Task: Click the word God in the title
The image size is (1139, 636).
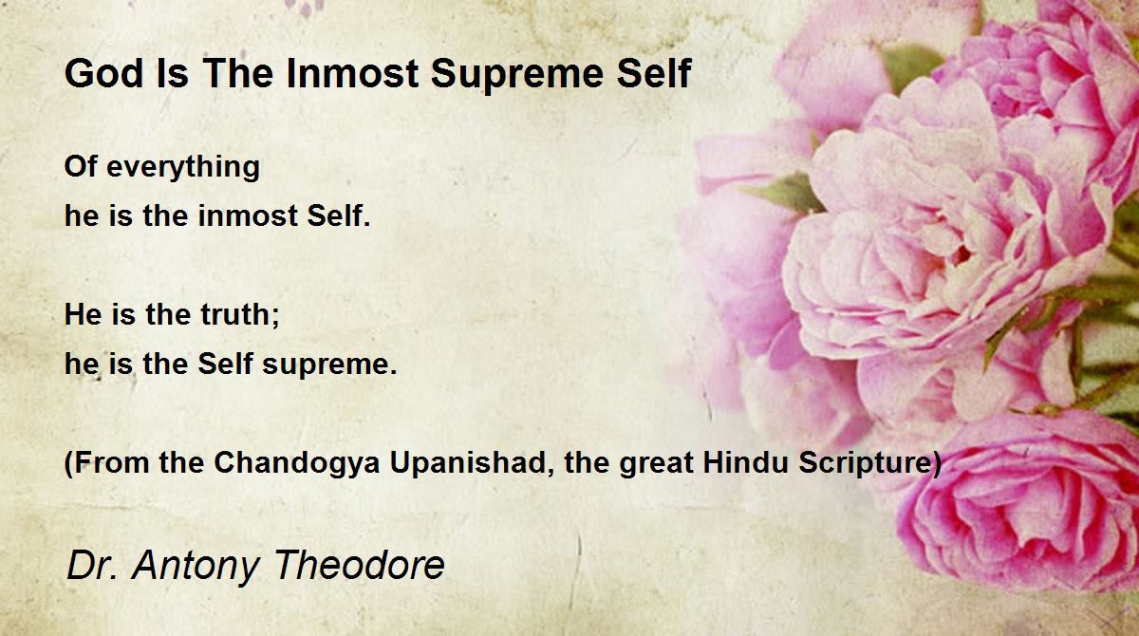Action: click(x=104, y=74)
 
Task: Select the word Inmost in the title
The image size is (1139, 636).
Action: click(x=352, y=74)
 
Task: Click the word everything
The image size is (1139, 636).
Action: click(x=183, y=168)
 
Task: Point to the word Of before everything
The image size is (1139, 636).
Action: click(x=81, y=166)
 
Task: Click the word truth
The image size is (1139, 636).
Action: click(x=236, y=314)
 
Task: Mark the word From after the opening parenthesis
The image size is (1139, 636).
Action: click(x=111, y=462)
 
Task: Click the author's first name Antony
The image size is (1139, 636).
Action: click(x=196, y=567)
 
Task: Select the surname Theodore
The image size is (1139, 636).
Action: click(x=359, y=565)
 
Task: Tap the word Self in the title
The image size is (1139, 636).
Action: click(x=653, y=74)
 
